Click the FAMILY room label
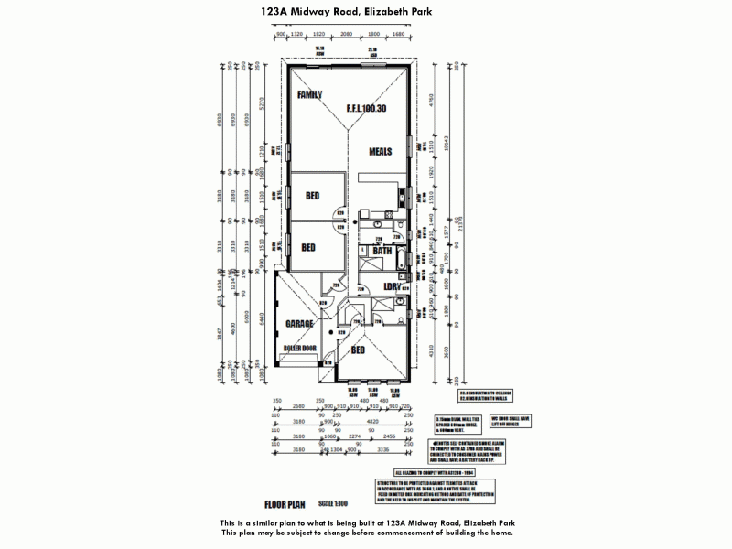[x=310, y=94]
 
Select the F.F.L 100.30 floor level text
[x=366, y=108]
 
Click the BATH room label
[x=382, y=250]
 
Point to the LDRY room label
[x=394, y=286]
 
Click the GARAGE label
[x=299, y=324]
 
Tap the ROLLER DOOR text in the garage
[x=299, y=349]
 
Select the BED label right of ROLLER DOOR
[x=359, y=350]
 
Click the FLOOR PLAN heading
[x=285, y=504]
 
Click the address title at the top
[x=366, y=12]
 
